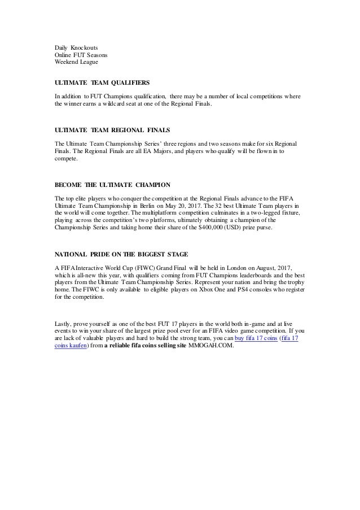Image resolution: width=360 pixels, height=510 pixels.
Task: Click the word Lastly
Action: click(63, 322)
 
